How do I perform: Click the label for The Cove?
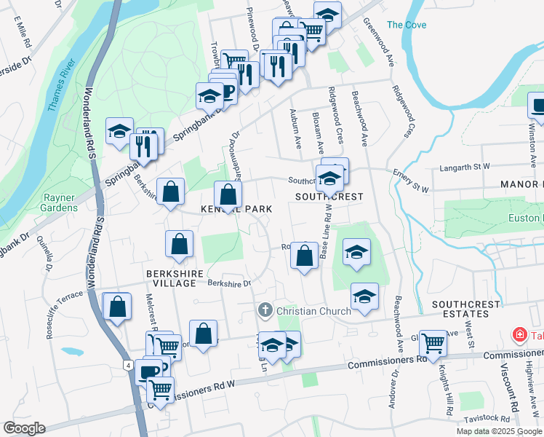coord(407,25)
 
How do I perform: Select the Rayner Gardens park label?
coord(60,202)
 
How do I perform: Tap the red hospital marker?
coord(519,335)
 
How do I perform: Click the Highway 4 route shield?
coord(128,364)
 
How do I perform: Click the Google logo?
coord(24,428)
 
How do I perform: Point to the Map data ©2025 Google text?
coord(499,431)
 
